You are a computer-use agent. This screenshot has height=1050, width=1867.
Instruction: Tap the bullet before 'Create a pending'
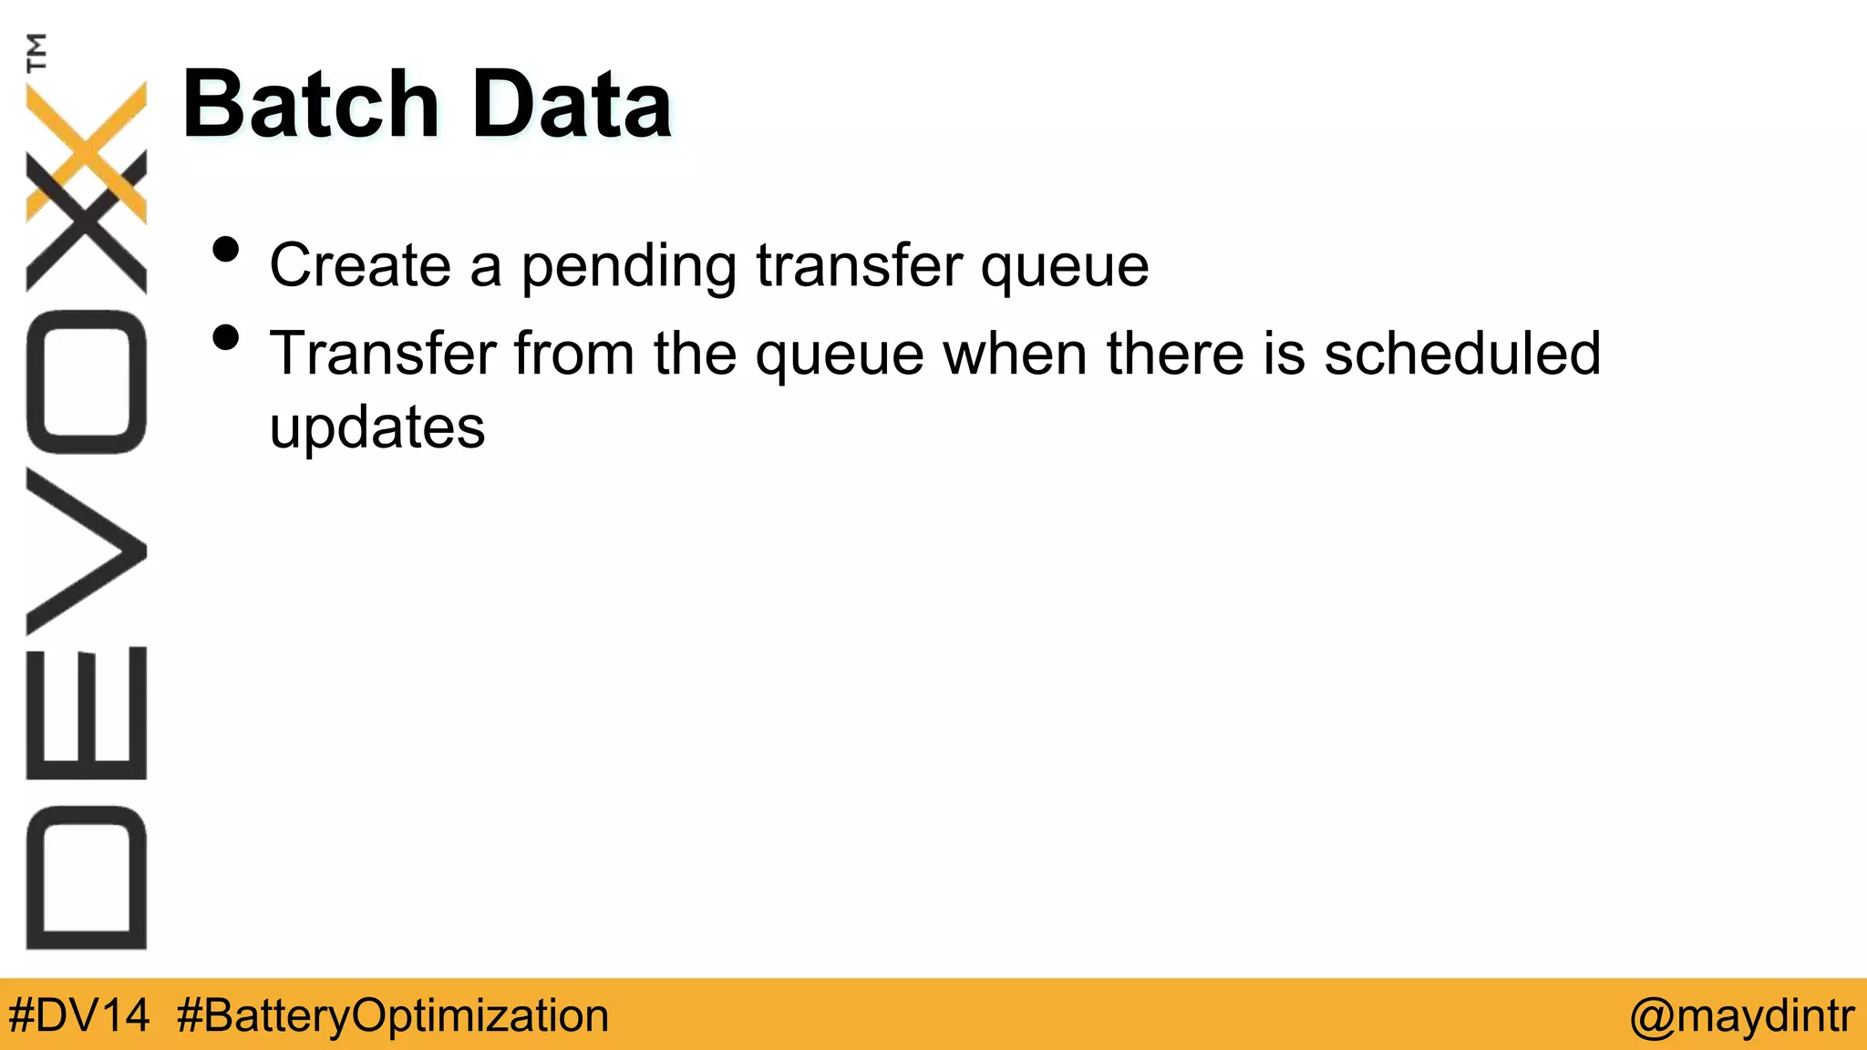click(225, 250)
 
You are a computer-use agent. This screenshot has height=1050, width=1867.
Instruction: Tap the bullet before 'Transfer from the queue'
click(225, 338)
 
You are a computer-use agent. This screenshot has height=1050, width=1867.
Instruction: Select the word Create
click(360, 265)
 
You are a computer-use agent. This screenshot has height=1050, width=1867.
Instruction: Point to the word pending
click(628, 267)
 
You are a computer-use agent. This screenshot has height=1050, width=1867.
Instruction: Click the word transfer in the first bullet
click(859, 265)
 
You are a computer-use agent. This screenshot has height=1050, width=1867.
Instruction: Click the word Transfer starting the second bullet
click(382, 354)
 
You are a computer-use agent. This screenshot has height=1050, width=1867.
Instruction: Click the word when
click(1015, 354)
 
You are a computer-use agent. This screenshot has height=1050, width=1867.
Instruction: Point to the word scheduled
click(1462, 354)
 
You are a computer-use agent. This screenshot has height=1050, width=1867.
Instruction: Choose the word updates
click(377, 428)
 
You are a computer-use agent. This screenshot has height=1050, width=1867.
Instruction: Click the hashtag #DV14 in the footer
click(78, 1015)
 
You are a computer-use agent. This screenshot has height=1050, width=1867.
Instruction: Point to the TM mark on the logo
click(36, 52)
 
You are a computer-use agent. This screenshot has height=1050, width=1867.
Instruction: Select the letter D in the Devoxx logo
click(87, 878)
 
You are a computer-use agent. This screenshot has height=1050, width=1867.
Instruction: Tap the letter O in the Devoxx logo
click(87, 382)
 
